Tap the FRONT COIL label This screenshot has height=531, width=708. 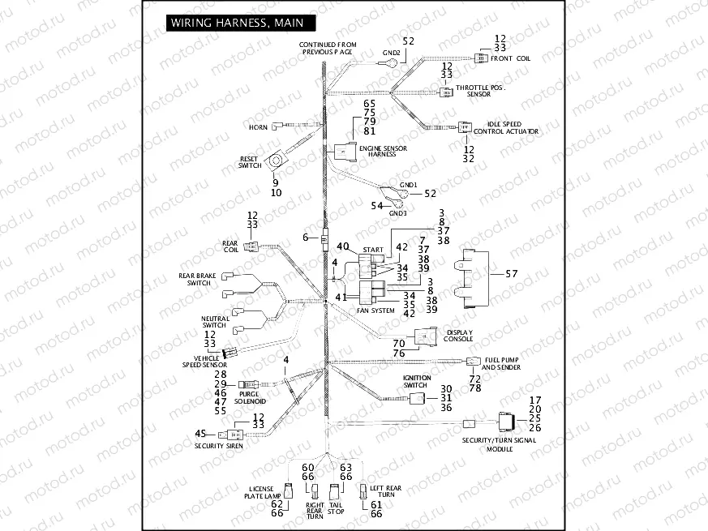[512, 58]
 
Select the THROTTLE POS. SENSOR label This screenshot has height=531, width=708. [478, 90]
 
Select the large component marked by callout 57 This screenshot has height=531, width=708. [474, 275]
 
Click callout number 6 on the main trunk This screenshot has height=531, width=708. [306, 238]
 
